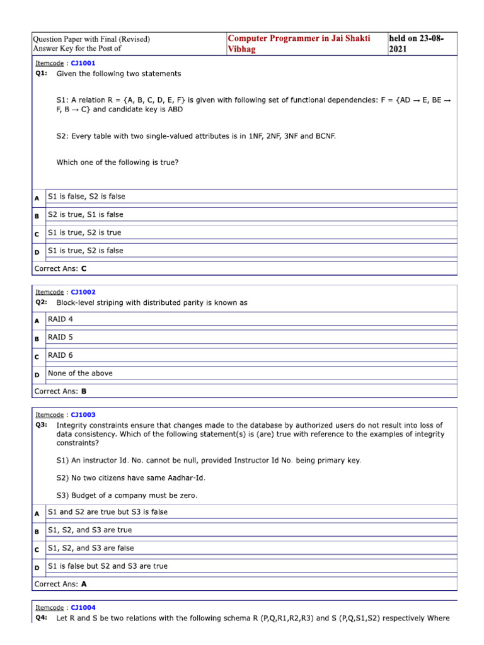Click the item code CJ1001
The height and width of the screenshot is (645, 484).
(x=83, y=64)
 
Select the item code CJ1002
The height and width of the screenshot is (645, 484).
(x=83, y=292)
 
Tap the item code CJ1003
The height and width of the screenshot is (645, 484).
(x=83, y=415)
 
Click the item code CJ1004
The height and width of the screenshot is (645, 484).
(x=83, y=608)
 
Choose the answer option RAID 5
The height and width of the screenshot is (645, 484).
(x=60, y=338)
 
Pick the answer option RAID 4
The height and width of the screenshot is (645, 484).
(x=60, y=319)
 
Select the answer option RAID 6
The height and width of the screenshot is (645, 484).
(x=60, y=355)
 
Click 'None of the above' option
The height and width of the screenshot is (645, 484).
(x=80, y=374)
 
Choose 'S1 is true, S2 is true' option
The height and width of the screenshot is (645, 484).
(x=84, y=233)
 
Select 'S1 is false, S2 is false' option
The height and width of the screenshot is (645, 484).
(x=86, y=197)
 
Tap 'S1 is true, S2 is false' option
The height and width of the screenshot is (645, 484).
(x=86, y=251)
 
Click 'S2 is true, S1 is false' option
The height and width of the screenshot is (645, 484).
(x=86, y=215)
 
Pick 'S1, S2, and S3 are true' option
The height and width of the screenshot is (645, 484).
(x=90, y=530)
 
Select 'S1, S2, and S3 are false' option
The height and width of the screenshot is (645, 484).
(x=91, y=548)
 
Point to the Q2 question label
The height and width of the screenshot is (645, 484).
(x=41, y=303)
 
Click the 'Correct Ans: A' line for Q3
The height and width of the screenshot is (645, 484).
(x=60, y=584)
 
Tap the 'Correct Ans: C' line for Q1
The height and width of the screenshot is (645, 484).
(x=60, y=268)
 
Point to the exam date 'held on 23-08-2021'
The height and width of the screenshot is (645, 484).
(x=417, y=43)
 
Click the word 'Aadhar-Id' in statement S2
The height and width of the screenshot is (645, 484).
(x=185, y=478)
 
